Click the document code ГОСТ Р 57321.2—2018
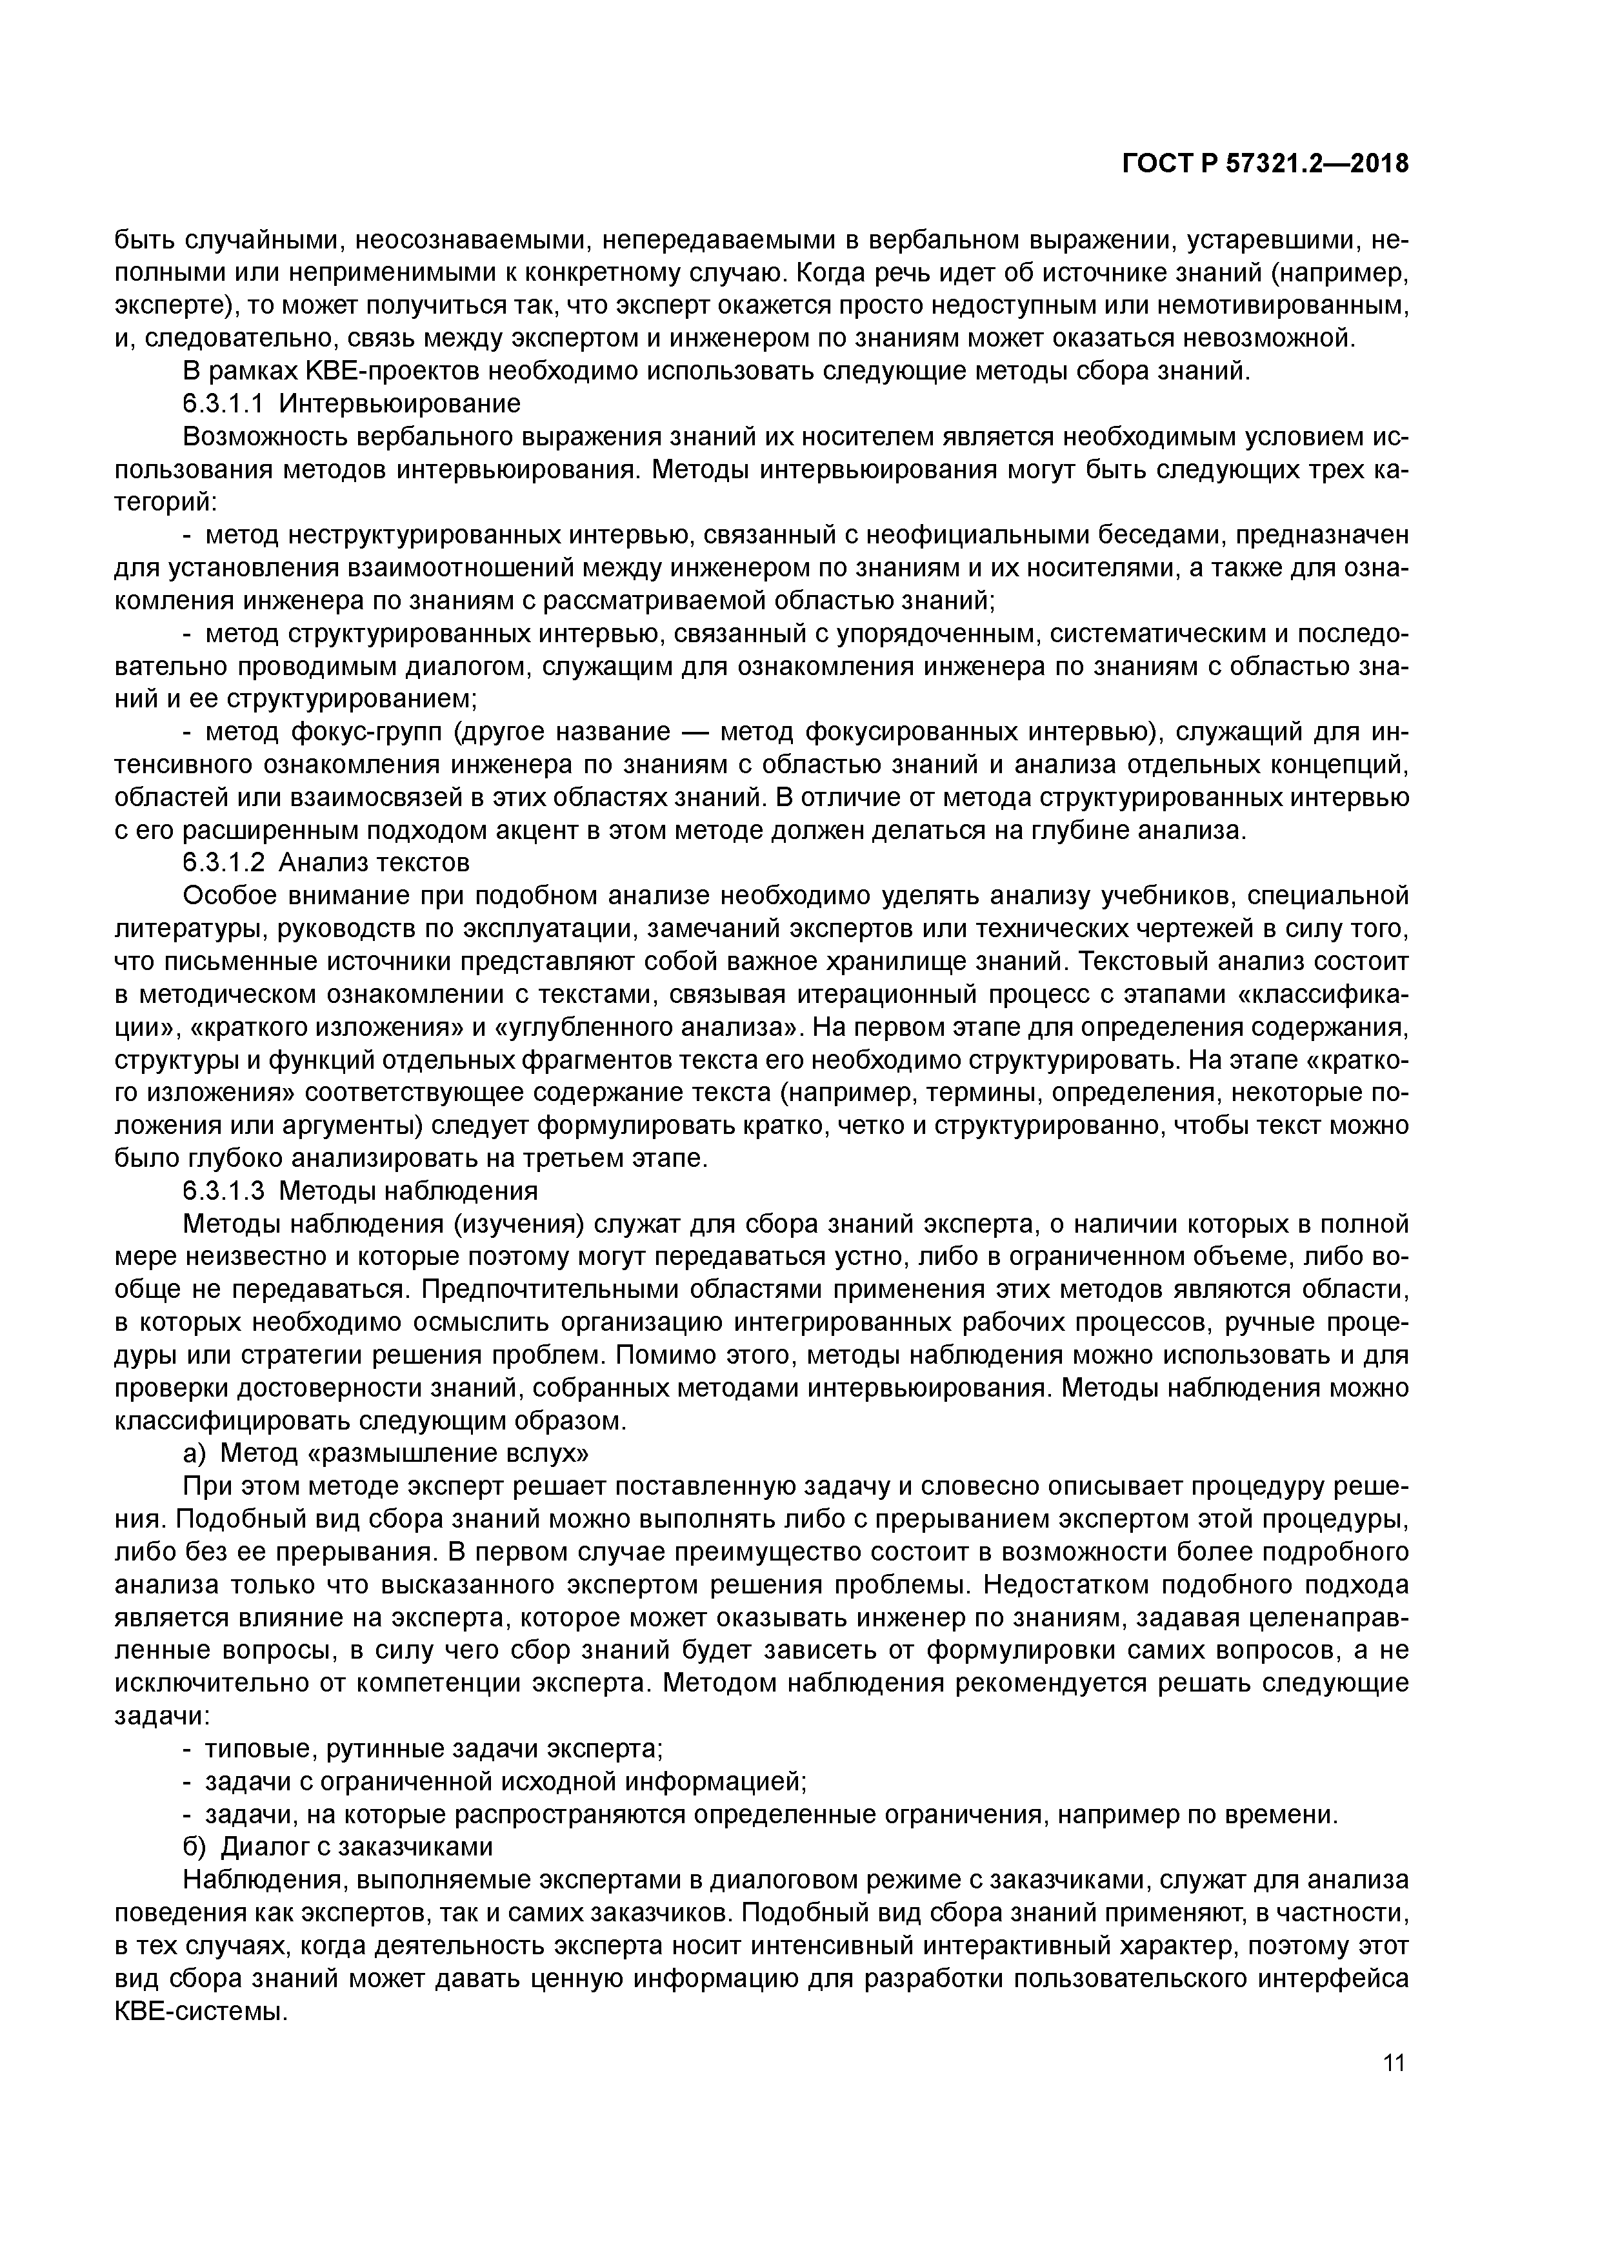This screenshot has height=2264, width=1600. click(x=1266, y=165)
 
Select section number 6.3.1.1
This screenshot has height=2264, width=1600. click(x=222, y=404)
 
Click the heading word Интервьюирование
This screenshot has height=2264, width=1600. click(x=399, y=404)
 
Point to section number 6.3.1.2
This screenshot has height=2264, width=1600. click(x=223, y=863)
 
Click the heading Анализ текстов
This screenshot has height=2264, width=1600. click(x=375, y=863)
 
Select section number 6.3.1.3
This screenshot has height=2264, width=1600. click(x=223, y=1191)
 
